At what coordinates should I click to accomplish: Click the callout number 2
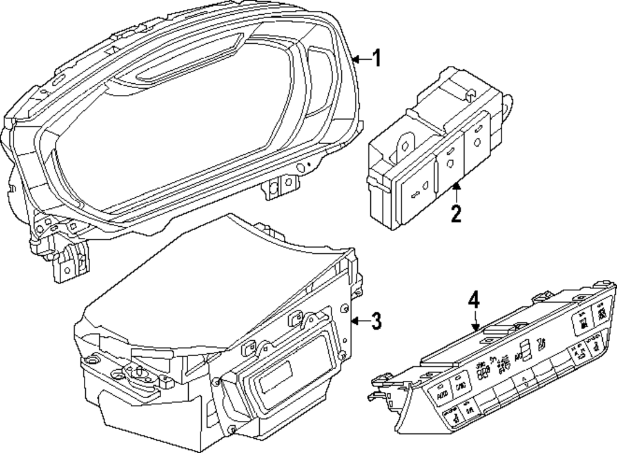455,214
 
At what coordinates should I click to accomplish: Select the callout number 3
376,320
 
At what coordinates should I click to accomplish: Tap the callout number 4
473,301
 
